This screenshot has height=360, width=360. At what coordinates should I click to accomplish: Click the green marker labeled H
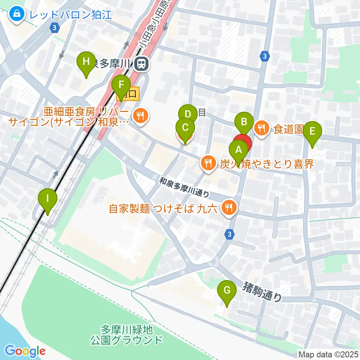[86, 61]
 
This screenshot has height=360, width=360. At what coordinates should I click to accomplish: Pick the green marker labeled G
[227, 290]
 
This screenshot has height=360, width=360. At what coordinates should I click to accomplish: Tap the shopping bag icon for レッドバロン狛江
[17, 15]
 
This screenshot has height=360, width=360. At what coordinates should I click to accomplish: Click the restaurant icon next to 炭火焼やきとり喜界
[207, 163]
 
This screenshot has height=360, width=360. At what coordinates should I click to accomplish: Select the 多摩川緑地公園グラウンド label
[127, 335]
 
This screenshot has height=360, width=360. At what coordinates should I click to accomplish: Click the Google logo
[25, 351]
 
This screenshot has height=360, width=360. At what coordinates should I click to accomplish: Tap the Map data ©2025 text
[328, 354]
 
